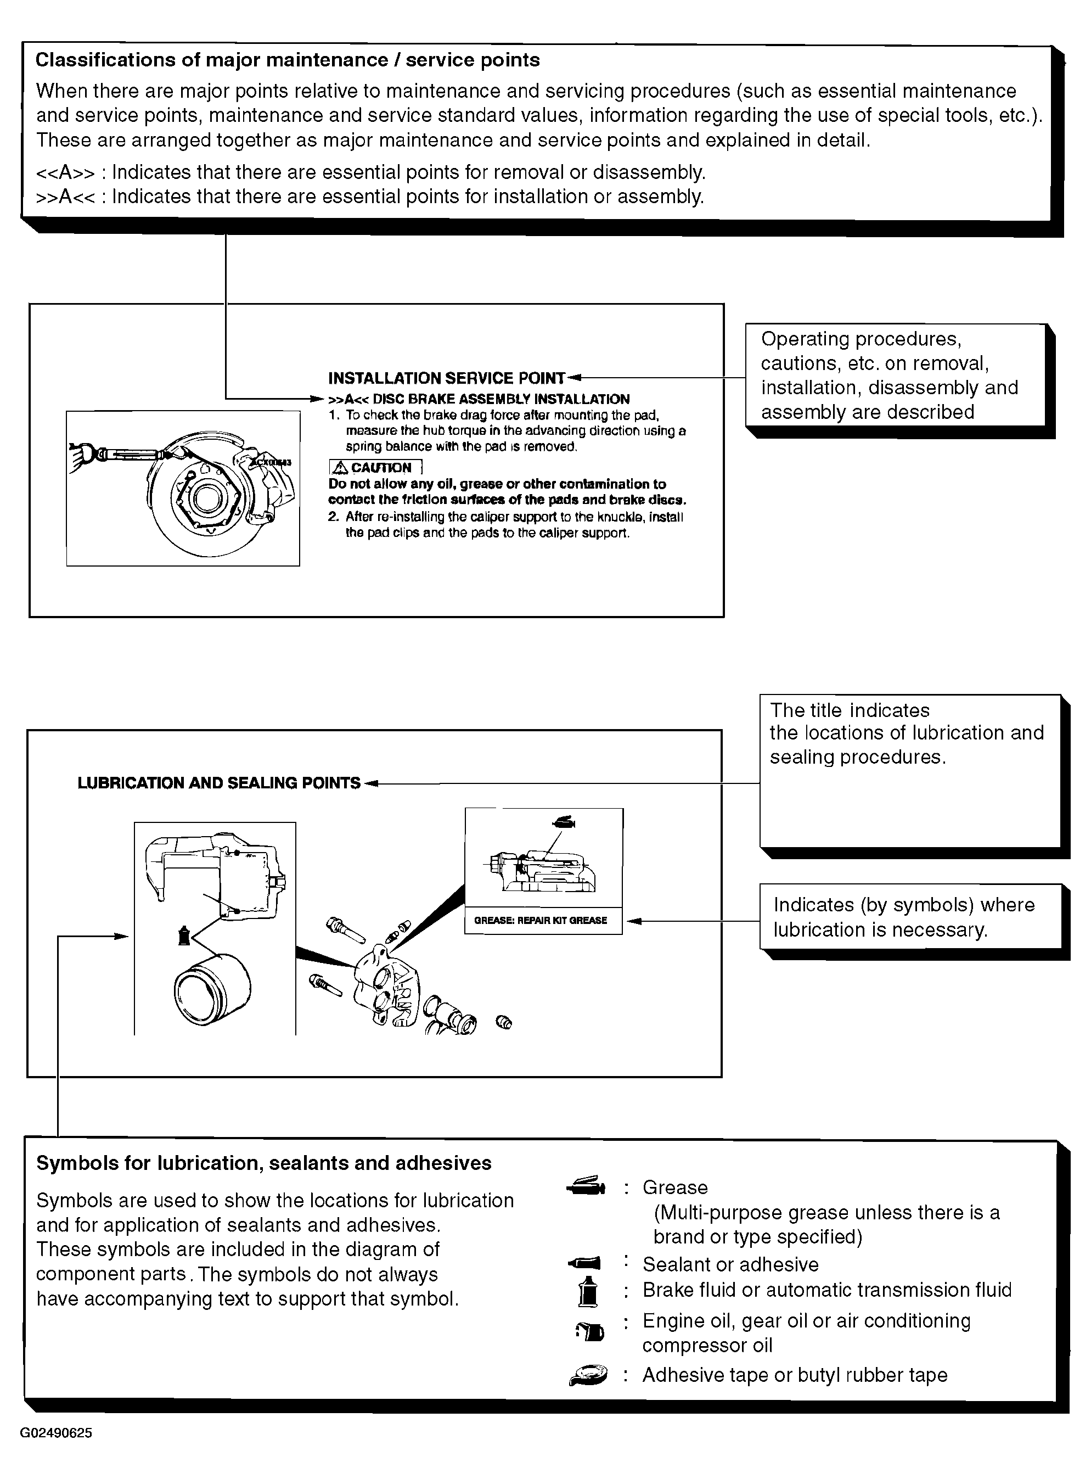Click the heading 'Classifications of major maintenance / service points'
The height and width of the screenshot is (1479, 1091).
point(287,60)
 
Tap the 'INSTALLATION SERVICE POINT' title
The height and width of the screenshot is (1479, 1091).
point(446,378)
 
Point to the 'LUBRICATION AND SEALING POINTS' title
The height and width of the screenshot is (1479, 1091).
point(218,783)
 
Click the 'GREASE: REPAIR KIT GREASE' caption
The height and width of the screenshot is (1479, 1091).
point(540,920)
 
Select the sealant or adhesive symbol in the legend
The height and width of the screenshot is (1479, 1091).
point(585,1264)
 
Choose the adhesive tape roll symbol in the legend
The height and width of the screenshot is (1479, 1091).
point(588,1375)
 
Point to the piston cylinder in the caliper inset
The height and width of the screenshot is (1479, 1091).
point(212,989)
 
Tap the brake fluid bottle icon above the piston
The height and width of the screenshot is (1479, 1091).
point(185,935)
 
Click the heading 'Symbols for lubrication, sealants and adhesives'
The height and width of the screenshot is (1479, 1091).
point(263,1163)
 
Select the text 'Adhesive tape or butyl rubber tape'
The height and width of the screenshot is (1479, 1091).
point(795,1375)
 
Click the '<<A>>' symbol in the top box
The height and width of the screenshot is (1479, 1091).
point(65,172)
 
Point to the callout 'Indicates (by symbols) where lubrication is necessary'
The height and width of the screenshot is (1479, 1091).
point(904,917)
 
